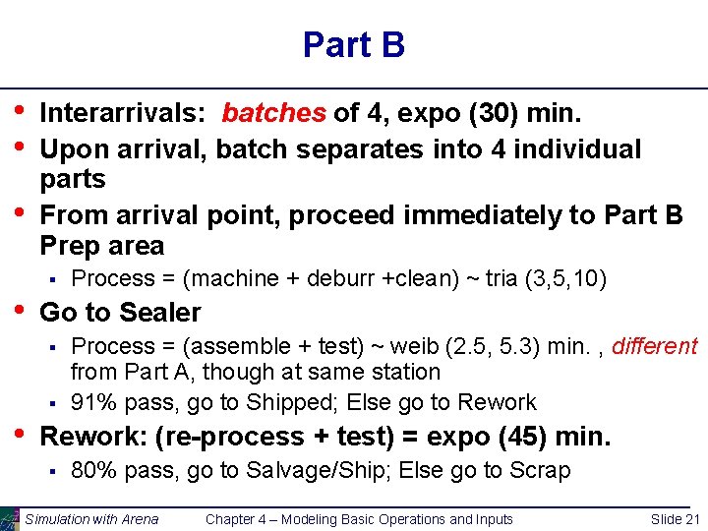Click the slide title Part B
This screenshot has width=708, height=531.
click(x=354, y=45)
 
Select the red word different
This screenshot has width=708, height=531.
click(x=655, y=346)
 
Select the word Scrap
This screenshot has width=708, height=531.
click(x=540, y=471)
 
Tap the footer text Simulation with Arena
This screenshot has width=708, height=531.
click(x=91, y=519)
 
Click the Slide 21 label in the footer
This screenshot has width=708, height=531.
click(x=676, y=519)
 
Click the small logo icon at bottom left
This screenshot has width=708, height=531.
click(x=9, y=518)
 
